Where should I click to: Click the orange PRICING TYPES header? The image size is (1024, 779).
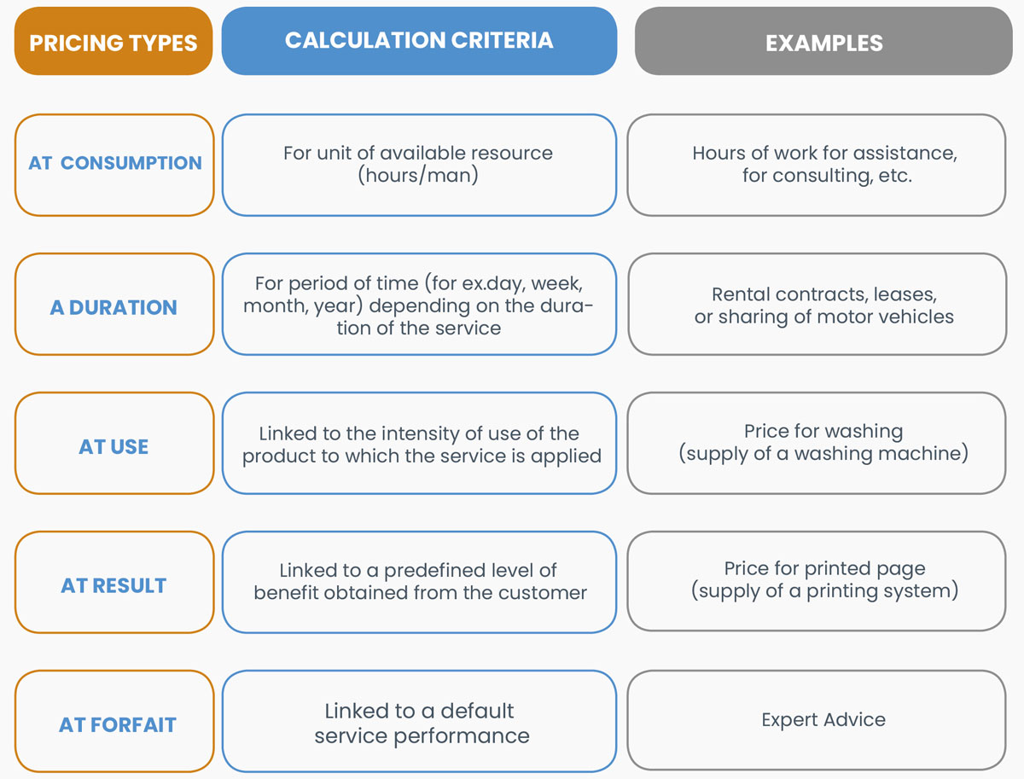113,41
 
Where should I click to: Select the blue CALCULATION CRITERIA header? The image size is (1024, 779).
419,41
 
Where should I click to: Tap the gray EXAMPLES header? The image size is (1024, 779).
823,41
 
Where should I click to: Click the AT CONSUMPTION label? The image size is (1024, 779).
114,163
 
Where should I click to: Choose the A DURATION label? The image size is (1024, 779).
113,307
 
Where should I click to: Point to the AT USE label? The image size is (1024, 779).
113,446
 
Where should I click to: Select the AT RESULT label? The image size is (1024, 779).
113,585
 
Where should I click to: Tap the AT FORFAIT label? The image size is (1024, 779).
117,725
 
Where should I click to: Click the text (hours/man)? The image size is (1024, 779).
418,176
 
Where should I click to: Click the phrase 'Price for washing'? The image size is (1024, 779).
823,432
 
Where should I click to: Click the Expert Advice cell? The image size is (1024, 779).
823,720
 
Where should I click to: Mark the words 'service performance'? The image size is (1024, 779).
422,736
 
